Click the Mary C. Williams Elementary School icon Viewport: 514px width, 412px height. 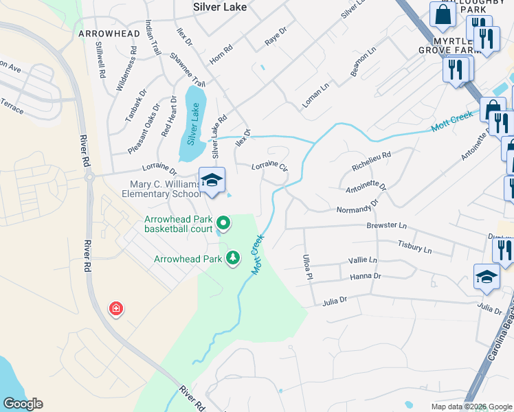[212, 181]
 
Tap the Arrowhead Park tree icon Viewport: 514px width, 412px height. [234, 257]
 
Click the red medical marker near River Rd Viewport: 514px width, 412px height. [116, 309]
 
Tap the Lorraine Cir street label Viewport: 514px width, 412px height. [269, 165]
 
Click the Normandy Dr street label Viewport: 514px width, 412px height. [357, 207]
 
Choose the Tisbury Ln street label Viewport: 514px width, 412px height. [414, 246]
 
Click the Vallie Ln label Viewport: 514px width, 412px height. [363, 260]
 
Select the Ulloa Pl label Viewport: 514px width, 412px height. [307, 266]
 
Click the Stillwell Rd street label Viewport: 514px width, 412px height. [100, 60]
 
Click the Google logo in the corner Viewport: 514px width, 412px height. [23, 404]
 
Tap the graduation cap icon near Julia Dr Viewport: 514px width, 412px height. [487, 277]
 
